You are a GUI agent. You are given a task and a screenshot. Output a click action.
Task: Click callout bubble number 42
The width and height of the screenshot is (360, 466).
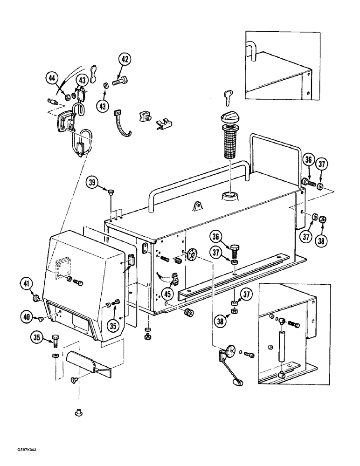pyautogui.click(x=125, y=60)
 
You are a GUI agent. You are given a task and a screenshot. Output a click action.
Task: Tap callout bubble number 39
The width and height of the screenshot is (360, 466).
pyautogui.click(x=92, y=184)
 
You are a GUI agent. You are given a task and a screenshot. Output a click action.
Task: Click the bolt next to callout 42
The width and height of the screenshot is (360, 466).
pyautogui.click(x=120, y=84)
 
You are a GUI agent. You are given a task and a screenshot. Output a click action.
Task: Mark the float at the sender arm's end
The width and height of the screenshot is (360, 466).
pyautogui.click(x=238, y=383)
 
